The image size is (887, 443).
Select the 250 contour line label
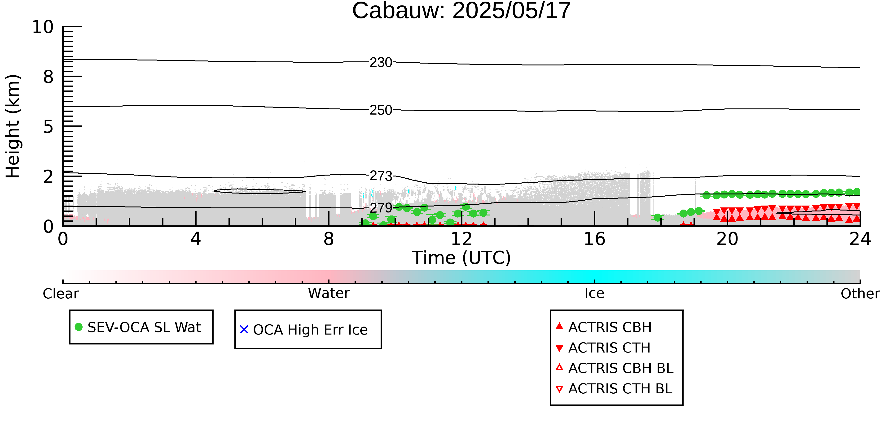point(381,110)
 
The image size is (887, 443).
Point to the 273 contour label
point(381,176)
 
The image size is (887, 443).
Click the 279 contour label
point(381,208)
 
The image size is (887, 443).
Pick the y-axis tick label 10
point(43,27)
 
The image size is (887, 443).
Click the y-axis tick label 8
point(48,77)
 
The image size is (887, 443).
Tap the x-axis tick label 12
point(461,239)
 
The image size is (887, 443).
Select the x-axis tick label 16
point(594,239)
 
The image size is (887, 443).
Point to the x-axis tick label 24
point(860,239)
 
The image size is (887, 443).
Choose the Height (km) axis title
point(13,126)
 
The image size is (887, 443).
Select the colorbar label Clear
point(61,294)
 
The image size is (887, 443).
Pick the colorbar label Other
point(860,294)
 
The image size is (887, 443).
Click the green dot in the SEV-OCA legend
point(79,327)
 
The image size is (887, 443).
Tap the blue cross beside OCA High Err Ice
point(244,330)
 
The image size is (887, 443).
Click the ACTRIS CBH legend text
point(610,327)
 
